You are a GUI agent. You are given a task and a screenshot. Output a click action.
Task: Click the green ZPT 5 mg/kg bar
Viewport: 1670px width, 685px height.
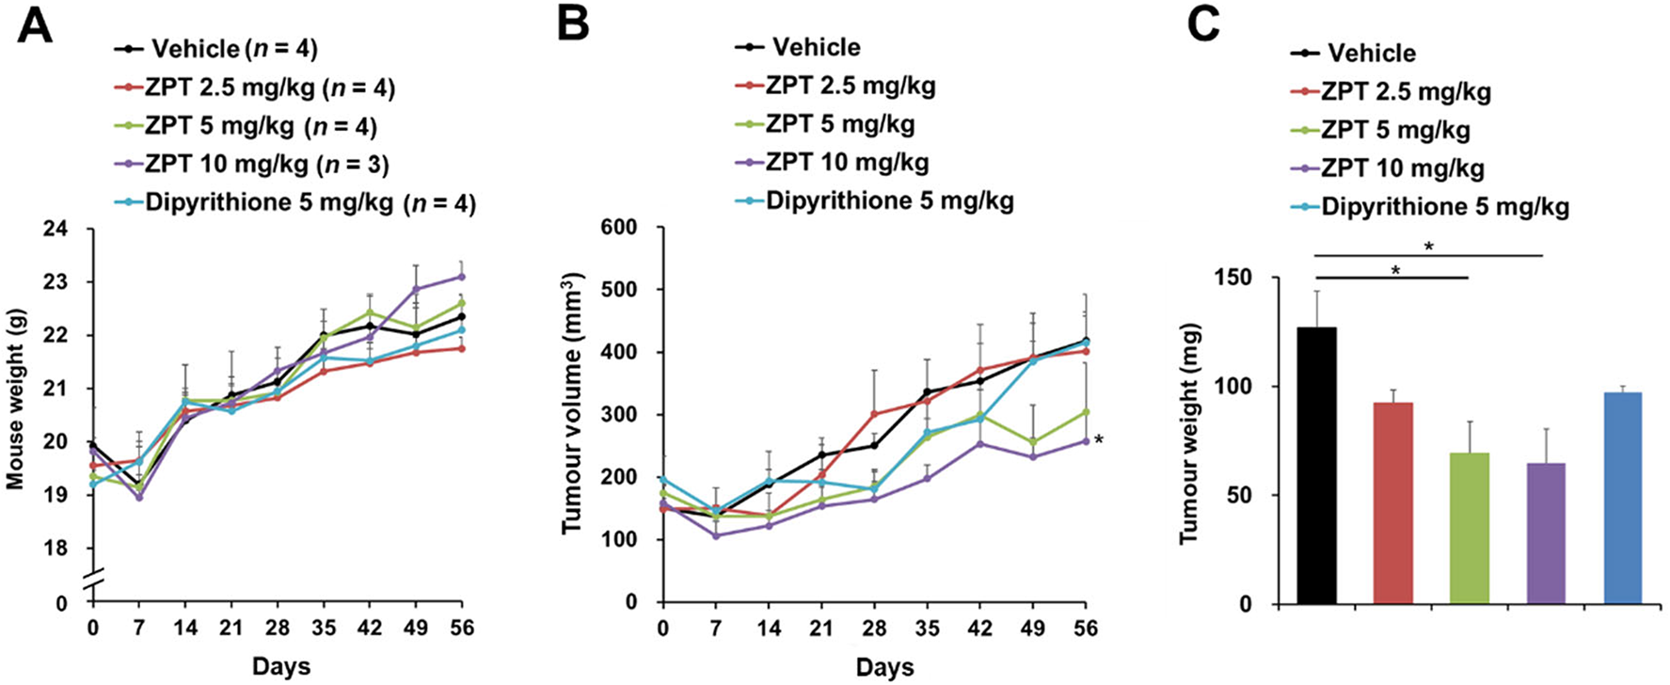(1469, 528)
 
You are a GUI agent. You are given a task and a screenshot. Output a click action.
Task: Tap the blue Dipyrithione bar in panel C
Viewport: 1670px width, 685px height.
(1622, 498)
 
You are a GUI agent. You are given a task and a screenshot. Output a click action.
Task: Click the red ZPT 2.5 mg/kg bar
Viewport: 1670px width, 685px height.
(1392, 502)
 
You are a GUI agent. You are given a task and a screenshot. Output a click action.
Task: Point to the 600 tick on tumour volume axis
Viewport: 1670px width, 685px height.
(624, 227)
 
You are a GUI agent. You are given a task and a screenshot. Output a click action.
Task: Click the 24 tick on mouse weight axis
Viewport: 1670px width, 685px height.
(61, 229)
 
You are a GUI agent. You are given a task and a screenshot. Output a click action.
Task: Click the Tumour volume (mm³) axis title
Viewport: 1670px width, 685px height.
(572, 403)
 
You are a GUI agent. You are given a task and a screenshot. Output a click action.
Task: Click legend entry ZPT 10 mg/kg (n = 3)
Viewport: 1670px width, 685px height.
(266, 165)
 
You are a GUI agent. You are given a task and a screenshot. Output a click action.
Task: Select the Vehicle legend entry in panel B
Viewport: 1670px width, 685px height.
(815, 47)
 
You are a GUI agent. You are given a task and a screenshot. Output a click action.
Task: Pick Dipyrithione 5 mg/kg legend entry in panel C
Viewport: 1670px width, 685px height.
(1444, 207)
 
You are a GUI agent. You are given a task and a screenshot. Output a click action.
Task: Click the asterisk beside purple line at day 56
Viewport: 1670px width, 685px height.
(1098, 439)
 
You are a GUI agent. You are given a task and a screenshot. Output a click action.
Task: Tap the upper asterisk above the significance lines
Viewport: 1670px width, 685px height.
(1429, 247)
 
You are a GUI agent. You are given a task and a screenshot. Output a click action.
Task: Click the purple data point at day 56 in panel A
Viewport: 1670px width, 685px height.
(461, 277)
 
